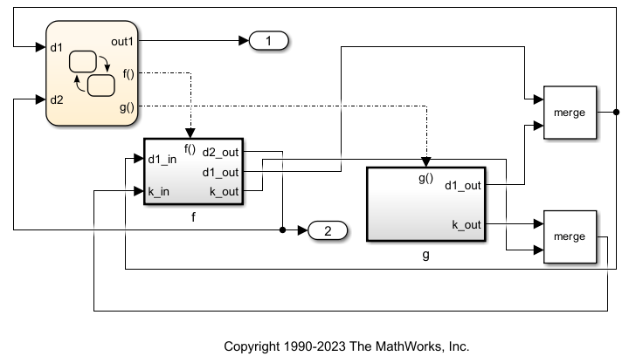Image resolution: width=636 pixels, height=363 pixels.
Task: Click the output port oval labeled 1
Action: point(269,40)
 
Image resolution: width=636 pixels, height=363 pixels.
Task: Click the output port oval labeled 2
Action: point(328,231)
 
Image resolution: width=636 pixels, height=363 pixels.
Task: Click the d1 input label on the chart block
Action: point(56,46)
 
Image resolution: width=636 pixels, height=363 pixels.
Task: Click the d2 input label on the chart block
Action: point(56,99)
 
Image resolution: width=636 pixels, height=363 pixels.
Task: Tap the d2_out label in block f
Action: point(221,153)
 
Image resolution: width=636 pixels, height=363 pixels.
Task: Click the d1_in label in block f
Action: point(162,159)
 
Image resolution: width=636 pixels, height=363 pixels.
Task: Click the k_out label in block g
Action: point(466,224)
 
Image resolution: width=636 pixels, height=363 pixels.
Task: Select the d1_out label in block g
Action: point(462,184)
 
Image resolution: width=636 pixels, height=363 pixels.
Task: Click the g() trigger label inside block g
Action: point(426,177)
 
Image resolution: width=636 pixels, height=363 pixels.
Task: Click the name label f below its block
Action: point(193,216)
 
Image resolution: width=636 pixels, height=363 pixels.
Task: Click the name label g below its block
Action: point(425,256)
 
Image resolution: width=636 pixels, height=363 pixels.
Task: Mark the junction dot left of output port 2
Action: point(282,231)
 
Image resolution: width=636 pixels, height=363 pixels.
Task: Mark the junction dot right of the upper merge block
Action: point(616,113)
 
